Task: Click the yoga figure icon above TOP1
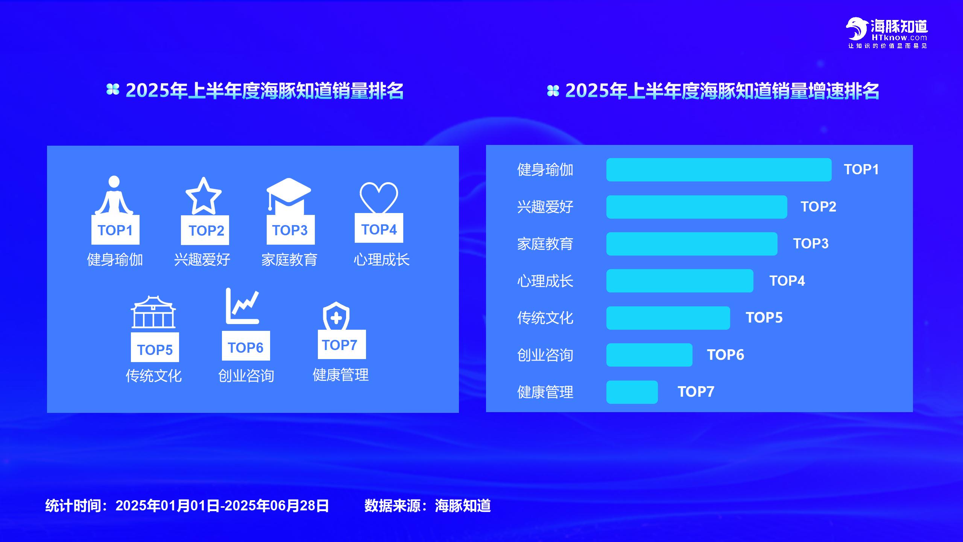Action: coord(114,196)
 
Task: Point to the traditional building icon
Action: coord(153,312)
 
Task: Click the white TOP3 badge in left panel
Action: coord(290,230)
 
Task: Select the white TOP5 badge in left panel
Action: coord(155,347)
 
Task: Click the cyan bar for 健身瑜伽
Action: coord(719,170)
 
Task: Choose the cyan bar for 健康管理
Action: coord(632,392)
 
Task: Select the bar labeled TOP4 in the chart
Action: coord(680,281)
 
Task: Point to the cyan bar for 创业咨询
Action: coord(649,355)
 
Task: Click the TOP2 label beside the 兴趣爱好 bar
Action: coord(818,207)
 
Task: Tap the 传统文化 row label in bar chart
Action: coord(545,318)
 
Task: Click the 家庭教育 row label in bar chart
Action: coord(545,244)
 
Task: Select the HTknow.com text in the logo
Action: coord(899,38)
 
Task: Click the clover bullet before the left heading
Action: coord(113,90)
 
